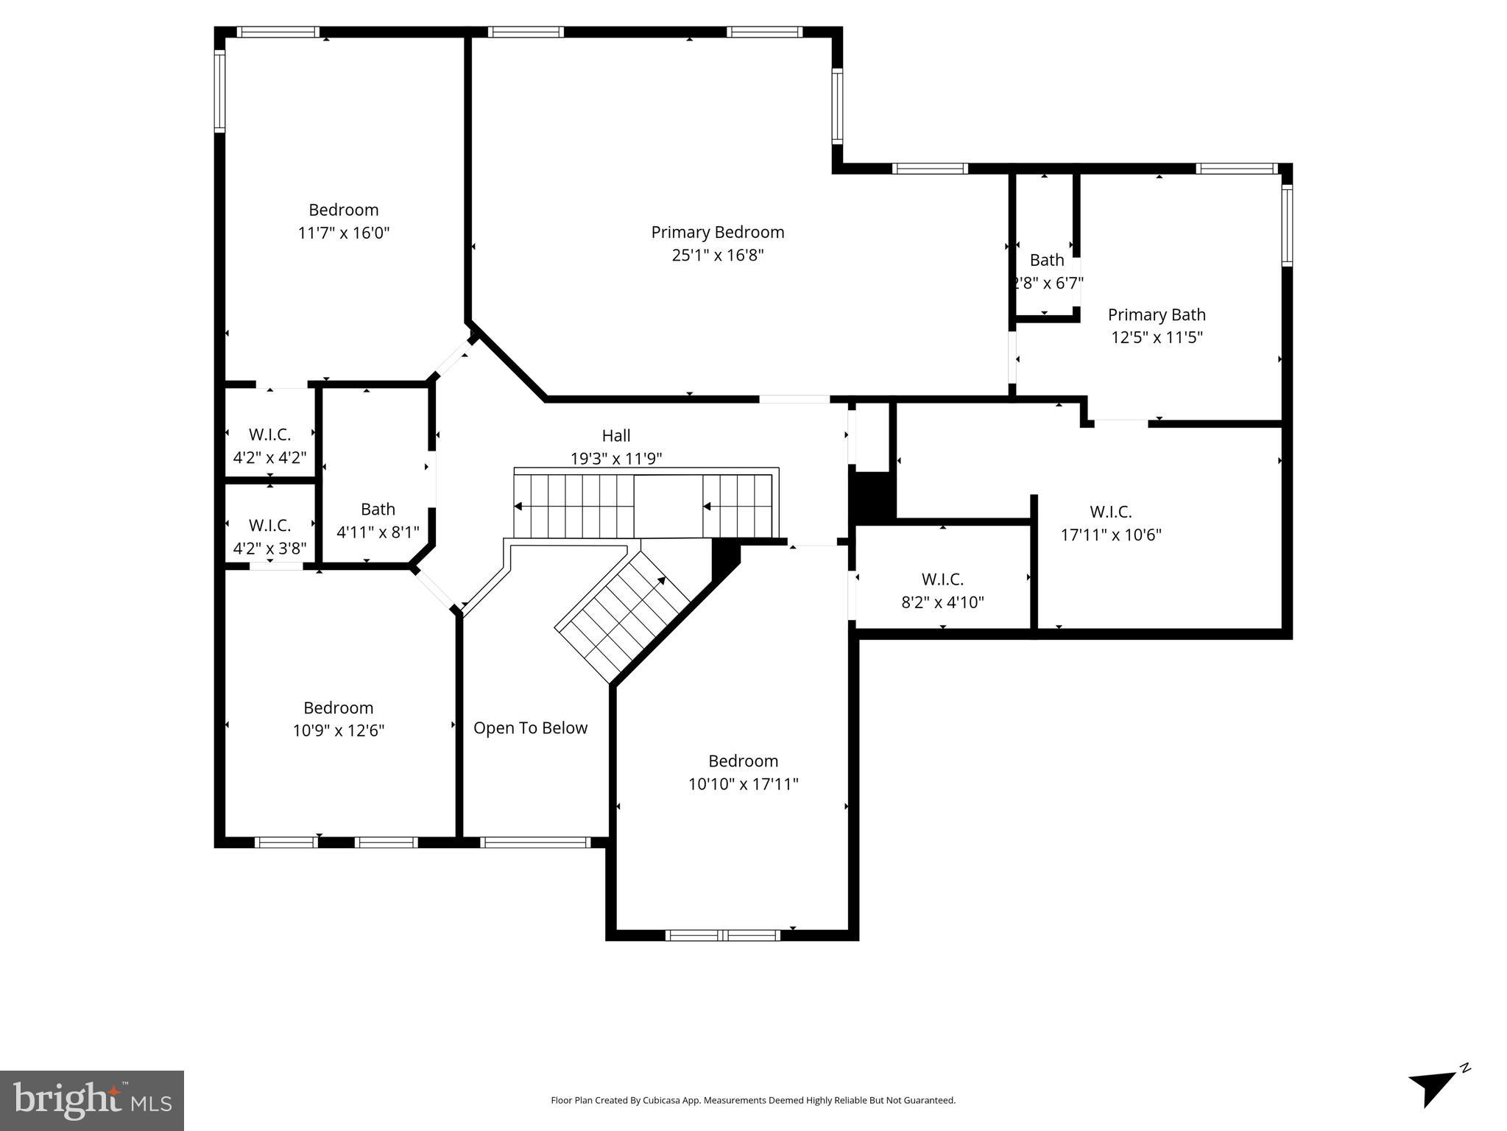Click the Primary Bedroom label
coord(717,233)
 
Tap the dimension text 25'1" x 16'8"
coord(717,256)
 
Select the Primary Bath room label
coord(1156,315)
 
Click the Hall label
coord(615,436)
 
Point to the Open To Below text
coord(530,728)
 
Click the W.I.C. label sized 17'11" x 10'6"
coord(1110,512)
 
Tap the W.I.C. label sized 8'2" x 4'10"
coord(942,579)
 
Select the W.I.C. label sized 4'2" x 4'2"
coord(269,434)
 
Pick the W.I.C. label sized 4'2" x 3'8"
coord(269,526)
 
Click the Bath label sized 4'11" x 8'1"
coord(378,510)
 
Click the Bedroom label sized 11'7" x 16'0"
coord(343,210)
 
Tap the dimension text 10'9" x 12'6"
coord(339,731)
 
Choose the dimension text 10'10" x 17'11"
coord(743,784)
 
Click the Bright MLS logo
coord(92,1100)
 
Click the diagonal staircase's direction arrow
coord(661,580)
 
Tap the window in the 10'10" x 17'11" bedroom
coord(722,935)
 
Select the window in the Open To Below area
coord(535,842)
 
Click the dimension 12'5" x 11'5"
coord(1156,338)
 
